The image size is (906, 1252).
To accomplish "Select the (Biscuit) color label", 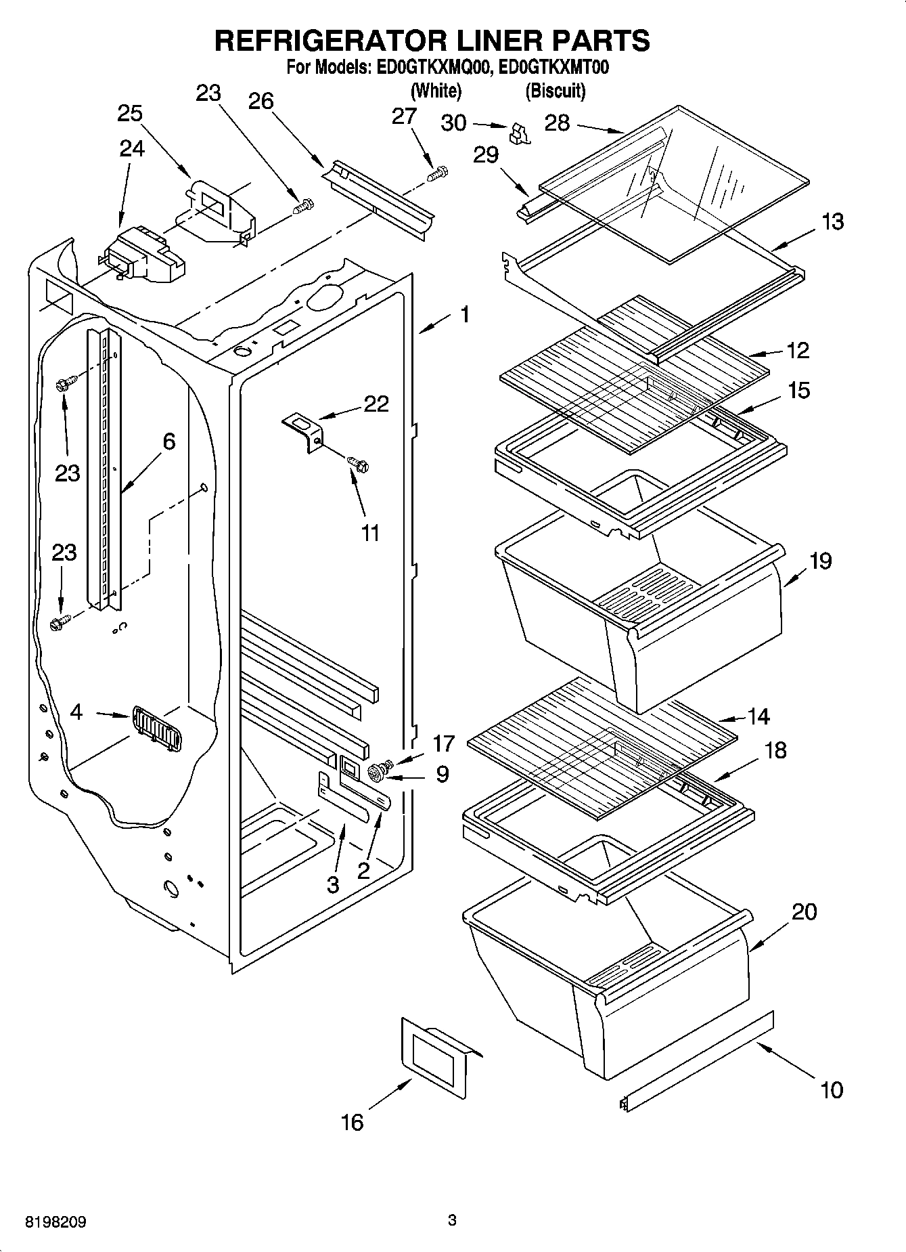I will pos(555,90).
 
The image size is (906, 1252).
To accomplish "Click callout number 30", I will pos(453,123).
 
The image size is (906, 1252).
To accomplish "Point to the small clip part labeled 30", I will pos(521,133).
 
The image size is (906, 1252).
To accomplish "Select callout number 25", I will pos(130,114).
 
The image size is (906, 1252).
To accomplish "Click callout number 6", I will pos(168,441).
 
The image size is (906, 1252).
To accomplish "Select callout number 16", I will pos(353,1123).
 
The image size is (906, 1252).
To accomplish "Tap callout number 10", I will pos(831,1089).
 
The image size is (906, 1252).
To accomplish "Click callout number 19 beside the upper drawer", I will pos(820,561).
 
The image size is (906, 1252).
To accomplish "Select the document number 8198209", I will pos(55,1222).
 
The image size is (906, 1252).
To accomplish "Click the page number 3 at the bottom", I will pos(452,1221).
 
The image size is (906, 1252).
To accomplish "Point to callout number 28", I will pos(557,123).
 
